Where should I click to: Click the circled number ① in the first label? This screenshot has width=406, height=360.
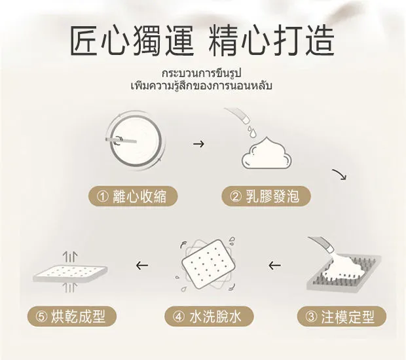tap(103, 196)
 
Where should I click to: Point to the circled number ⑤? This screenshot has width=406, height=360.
tap(41, 317)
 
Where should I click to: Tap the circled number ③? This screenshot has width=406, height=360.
tap(311, 317)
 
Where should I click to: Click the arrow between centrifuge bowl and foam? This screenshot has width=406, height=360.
tap(198, 143)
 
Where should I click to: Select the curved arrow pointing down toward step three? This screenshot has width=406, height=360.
tap(340, 173)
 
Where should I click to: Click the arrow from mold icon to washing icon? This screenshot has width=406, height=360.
tap(275, 265)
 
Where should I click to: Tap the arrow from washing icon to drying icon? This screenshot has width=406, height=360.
tap(142, 265)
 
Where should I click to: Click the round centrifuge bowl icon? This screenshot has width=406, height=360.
tap(135, 140)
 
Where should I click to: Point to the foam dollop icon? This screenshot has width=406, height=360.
tap(267, 154)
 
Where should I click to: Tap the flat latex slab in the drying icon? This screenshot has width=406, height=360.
tap(71, 273)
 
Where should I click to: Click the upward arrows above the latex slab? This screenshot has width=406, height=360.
tap(70, 257)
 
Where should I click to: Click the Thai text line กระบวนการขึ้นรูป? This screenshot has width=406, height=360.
tap(202, 73)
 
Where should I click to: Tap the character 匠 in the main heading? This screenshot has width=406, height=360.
tap(85, 41)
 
